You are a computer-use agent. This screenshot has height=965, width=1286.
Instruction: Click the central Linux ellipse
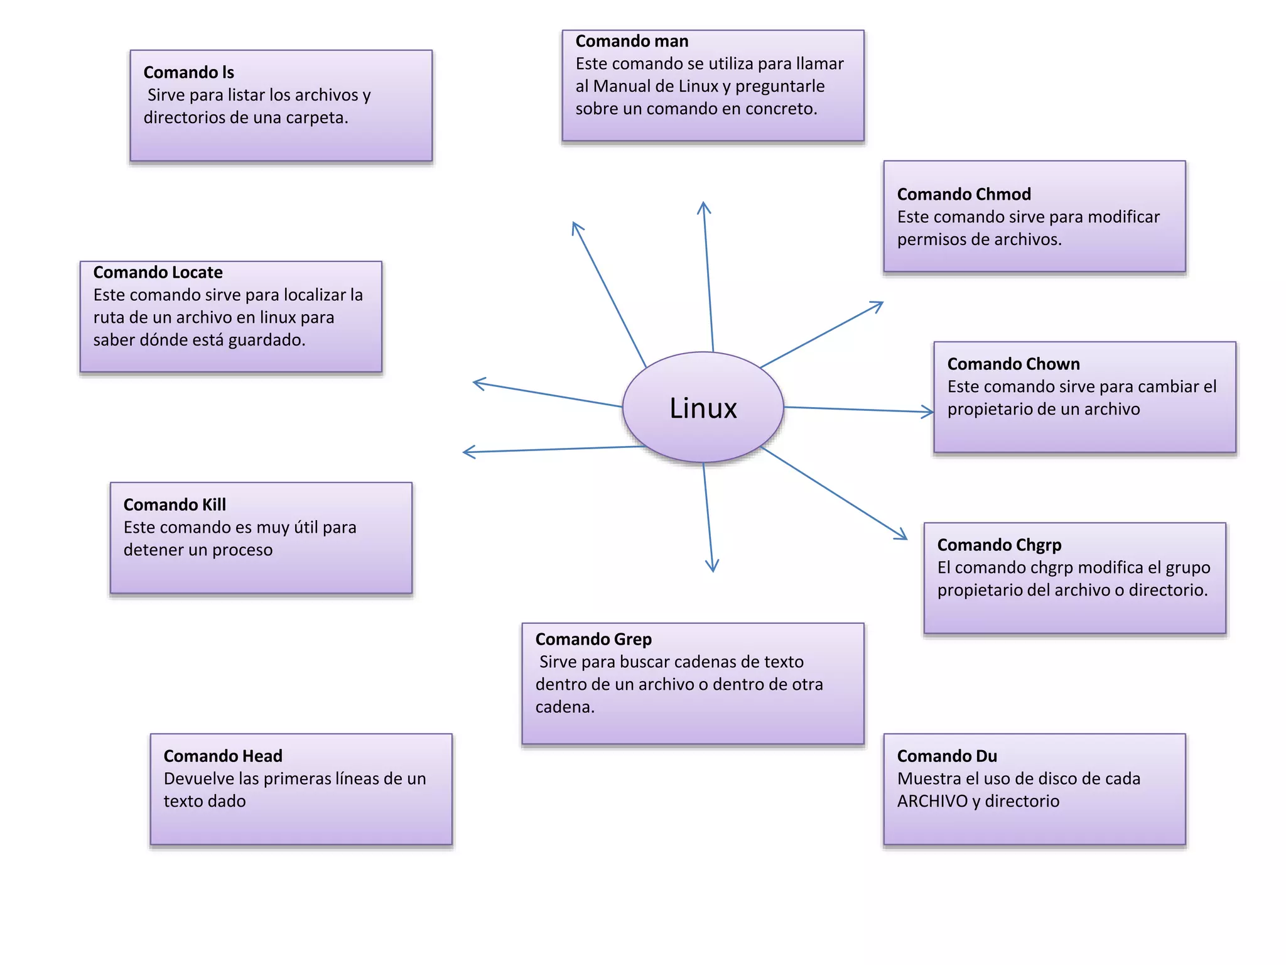(703, 408)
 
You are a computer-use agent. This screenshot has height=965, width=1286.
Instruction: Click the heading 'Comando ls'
(188, 72)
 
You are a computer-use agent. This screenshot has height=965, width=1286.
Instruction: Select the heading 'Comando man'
(632, 41)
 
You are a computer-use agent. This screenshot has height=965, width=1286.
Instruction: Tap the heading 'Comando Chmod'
(964, 194)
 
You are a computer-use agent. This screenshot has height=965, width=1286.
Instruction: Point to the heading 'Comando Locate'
(158, 272)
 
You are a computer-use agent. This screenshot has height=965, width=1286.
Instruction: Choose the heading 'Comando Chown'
(1013, 364)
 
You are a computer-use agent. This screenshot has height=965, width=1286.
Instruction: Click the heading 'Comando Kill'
(175, 504)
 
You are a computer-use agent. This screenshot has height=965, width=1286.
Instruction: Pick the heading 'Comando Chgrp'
(999, 545)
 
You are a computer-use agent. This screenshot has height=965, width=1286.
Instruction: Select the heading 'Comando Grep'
(593, 639)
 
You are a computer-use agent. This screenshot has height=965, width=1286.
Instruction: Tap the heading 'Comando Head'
(223, 756)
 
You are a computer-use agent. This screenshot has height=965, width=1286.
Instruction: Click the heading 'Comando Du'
(947, 756)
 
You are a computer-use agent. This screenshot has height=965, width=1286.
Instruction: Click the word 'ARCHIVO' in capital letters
(932, 801)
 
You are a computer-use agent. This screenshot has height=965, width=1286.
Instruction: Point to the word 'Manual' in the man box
(622, 86)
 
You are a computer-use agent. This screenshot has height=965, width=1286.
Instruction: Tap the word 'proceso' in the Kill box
(242, 550)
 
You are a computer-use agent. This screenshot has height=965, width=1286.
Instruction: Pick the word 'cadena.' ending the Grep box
(565, 707)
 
